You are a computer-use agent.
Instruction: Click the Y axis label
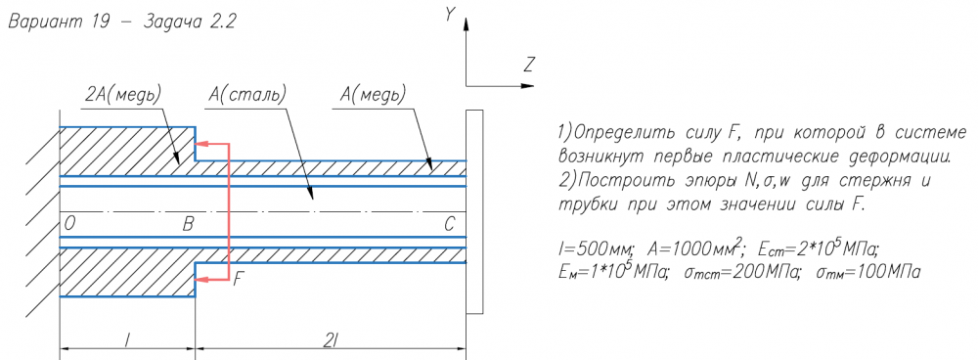[x=449, y=15]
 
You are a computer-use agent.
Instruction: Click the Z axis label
[x=530, y=65]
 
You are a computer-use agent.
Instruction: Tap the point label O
[x=69, y=225]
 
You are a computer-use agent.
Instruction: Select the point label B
[x=188, y=225]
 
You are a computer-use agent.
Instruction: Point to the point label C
[x=450, y=225]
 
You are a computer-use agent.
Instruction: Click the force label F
[x=238, y=279]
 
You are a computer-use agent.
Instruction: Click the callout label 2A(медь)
[x=123, y=95]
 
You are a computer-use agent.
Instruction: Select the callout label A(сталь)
[x=247, y=95]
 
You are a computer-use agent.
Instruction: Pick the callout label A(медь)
[x=373, y=95]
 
